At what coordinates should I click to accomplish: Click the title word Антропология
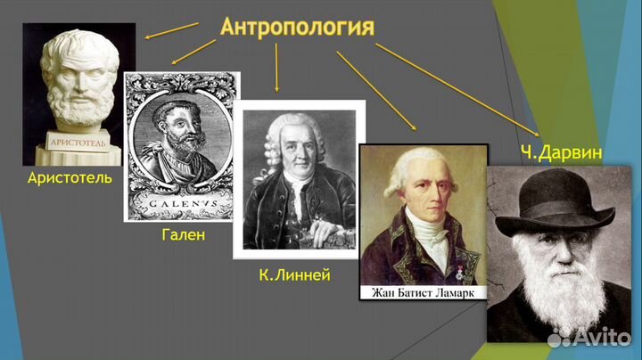(297, 26)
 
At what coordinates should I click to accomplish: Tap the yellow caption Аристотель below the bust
(70, 178)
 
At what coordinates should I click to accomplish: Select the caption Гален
(184, 235)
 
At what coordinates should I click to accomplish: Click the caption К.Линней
(294, 275)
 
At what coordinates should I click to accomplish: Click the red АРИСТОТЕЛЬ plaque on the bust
(78, 143)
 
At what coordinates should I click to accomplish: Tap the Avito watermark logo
(588, 337)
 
